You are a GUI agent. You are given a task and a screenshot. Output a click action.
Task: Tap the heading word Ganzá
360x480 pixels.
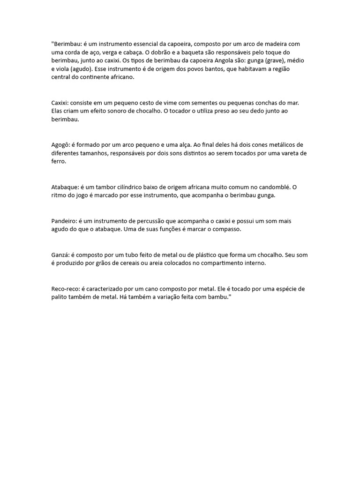pos(60,255)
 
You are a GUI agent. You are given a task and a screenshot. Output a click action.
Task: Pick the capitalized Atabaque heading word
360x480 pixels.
pos(64,187)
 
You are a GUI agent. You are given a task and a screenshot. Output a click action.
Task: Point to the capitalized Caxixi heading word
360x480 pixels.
pos(60,103)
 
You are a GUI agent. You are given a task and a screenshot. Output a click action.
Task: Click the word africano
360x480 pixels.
pos(121,78)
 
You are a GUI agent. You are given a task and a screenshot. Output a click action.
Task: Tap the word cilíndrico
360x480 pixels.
pos(132,187)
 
